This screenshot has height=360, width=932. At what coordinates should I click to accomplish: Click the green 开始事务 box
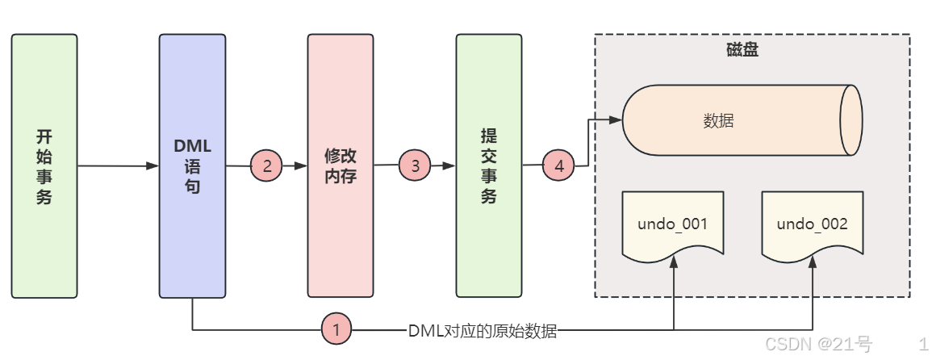point(44,165)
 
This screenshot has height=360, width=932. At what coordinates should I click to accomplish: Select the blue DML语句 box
point(192,165)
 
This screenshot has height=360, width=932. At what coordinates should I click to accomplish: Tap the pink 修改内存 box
point(340,165)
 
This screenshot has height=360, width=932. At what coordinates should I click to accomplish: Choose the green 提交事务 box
point(488,165)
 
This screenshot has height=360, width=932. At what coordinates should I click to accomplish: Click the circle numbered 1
point(336,329)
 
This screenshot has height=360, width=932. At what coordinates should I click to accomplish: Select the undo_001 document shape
point(672,225)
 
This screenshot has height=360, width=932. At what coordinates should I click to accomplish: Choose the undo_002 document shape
point(812,225)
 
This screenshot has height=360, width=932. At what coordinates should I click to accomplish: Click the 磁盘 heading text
point(736,50)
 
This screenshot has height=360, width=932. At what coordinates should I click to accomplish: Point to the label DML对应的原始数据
point(483,329)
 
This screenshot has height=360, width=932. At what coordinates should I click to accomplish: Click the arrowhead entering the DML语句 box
point(153,166)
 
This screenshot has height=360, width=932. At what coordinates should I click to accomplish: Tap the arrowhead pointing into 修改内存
point(301,166)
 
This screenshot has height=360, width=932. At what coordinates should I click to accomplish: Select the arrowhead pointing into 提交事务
point(449,166)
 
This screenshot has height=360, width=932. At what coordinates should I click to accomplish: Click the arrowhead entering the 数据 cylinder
point(616,120)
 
